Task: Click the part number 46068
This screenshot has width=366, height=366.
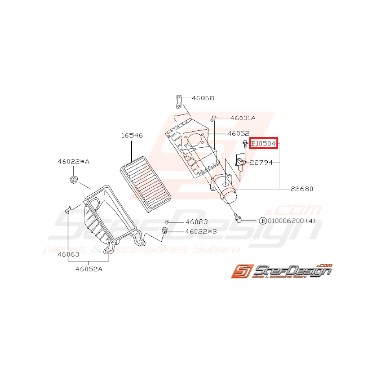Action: pyautogui.click(x=203, y=98)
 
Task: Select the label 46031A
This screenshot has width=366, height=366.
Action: pyautogui.click(x=243, y=118)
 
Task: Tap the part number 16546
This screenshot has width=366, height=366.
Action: pyautogui.click(x=132, y=135)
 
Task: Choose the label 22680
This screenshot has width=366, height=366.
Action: pyautogui.click(x=302, y=189)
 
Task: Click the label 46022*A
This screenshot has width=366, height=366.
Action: pyautogui.click(x=73, y=161)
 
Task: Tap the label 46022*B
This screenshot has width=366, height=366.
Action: pyautogui.click(x=201, y=232)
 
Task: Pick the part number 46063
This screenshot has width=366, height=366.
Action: pyautogui.click(x=68, y=254)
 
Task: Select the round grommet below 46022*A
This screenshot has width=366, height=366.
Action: pyautogui.click(x=73, y=180)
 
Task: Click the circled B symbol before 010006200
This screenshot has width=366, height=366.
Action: pyautogui.click(x=263, y=221)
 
